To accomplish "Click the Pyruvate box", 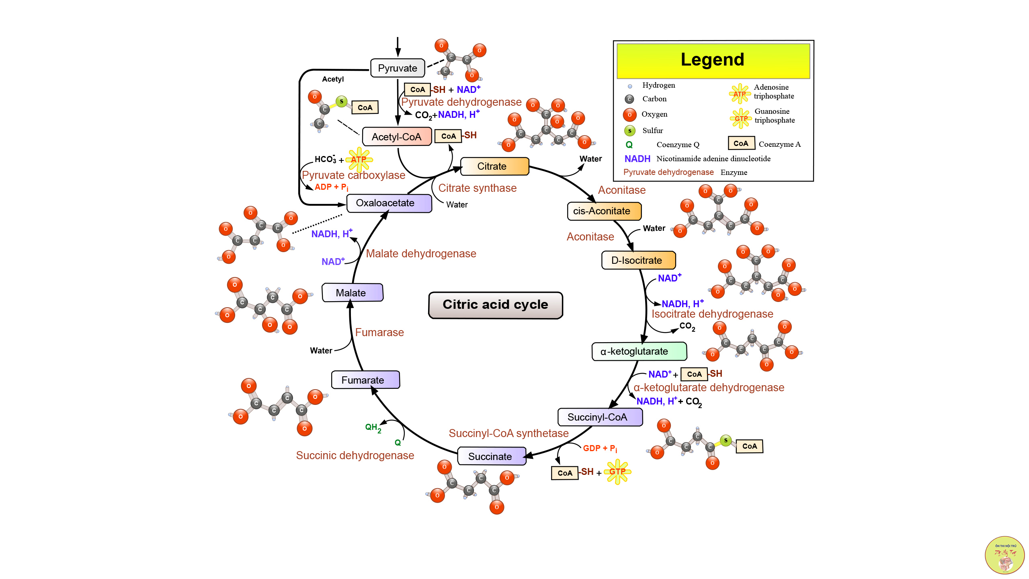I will [x=397, y=68].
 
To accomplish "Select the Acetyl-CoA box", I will [x=397, y=137].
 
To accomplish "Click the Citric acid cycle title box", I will [x=495, y=305].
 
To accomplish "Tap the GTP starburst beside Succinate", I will [x=617, y=472].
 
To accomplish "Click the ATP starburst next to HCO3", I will [x=359, y=159].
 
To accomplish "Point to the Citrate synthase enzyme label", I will [x=477, y=188].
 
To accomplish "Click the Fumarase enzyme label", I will [x=379, y=333].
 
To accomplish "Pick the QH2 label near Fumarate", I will [x=373, y=428].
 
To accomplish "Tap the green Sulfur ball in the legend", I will [x=629, y=131].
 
